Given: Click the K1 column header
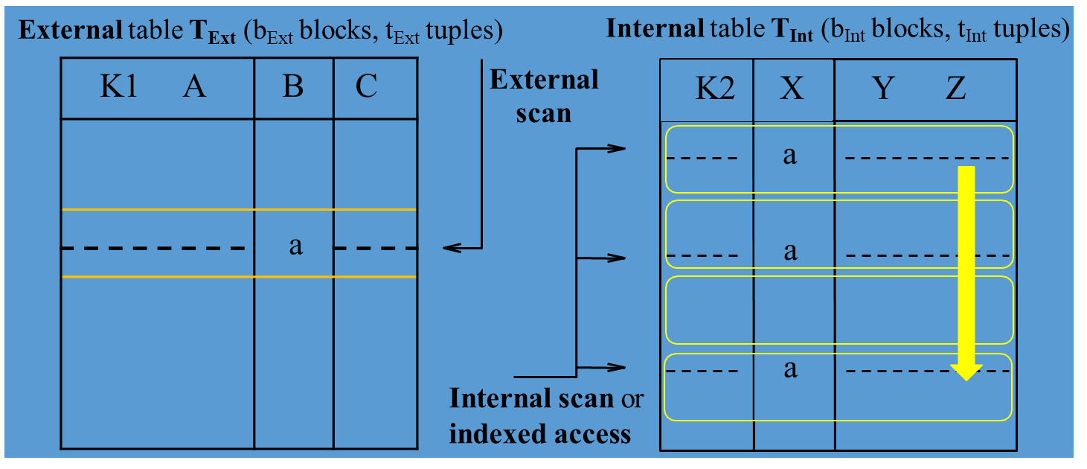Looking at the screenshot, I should point(118,88).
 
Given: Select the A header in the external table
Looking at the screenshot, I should point(194,88).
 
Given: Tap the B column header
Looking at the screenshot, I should point(293,88).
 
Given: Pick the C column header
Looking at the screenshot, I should point(366,88).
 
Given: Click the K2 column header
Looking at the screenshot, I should point(715,89).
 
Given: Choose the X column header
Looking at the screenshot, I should point(792,89).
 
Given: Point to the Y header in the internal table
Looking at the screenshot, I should point(882,89).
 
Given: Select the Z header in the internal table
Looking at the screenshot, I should point(955,89).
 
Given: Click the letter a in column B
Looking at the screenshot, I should point(295,246).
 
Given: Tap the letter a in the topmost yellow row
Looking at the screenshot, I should point(790,155).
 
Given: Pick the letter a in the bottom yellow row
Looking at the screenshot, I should point(790,368).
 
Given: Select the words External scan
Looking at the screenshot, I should point(544,96).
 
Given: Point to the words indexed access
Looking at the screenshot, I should point(540,433).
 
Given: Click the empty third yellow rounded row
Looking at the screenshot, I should point(839,309).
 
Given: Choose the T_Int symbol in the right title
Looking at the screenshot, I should point(801,31).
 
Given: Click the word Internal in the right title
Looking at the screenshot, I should point(655,29).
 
